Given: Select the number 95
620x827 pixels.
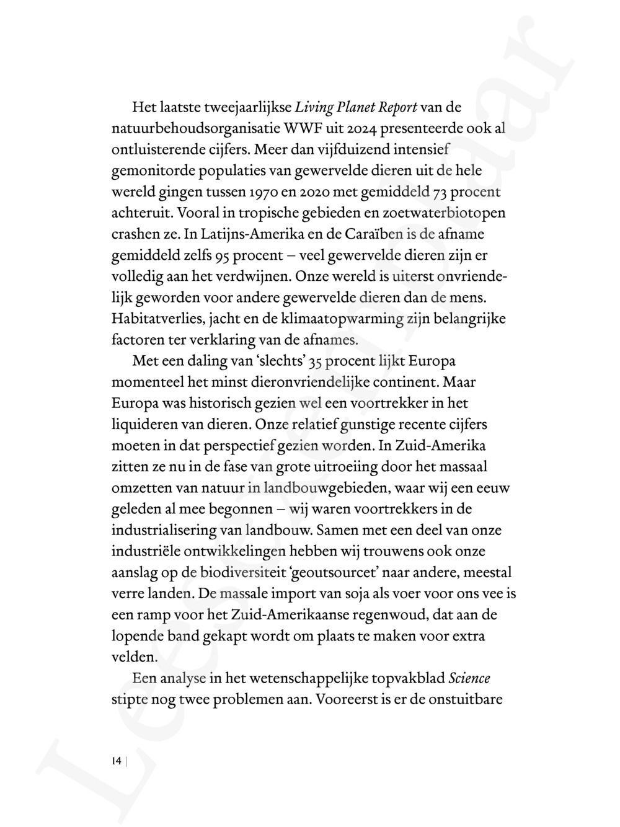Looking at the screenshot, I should click(224, 255).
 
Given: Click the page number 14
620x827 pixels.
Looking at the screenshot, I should click(116, 761).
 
